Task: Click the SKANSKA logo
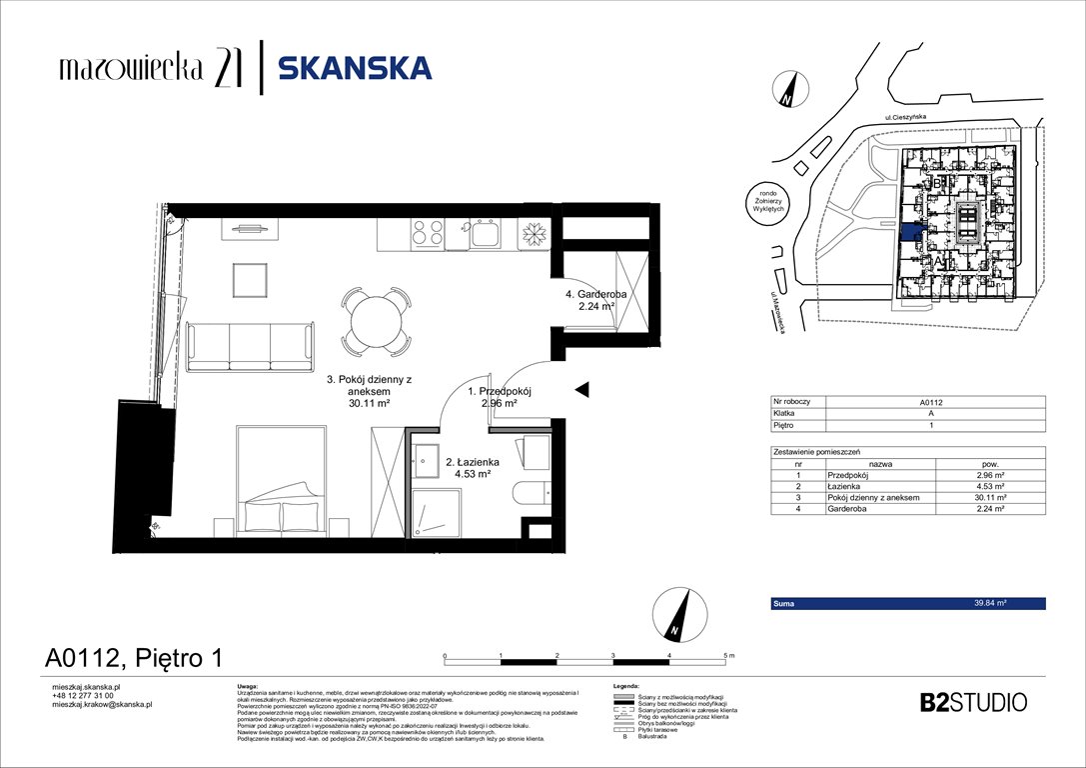(x=355, y=68)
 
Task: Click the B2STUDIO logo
(x=972, y=702)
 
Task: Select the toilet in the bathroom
(x=530, y=491)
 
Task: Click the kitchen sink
(x=487, y=235)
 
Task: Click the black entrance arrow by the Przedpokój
(x=581, y=389)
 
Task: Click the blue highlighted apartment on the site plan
(x=910, y=232)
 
